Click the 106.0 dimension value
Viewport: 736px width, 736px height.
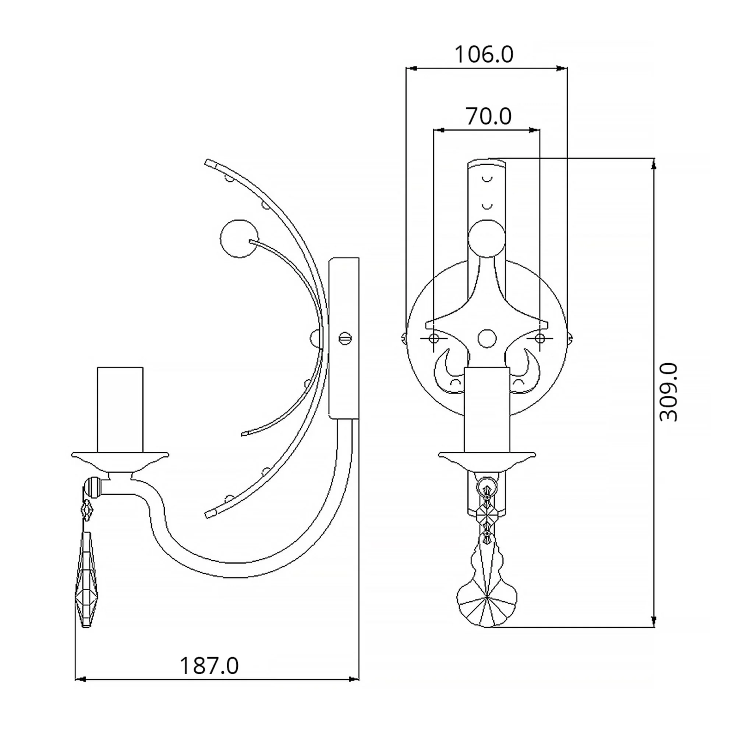[484, 54]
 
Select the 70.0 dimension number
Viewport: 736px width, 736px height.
[489, 116]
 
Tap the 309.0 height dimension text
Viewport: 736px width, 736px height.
[669, 392]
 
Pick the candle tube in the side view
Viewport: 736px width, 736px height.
[120, 410]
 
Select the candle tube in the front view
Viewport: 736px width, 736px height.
[487, 410]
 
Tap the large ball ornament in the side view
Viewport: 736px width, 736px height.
[239, 238]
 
